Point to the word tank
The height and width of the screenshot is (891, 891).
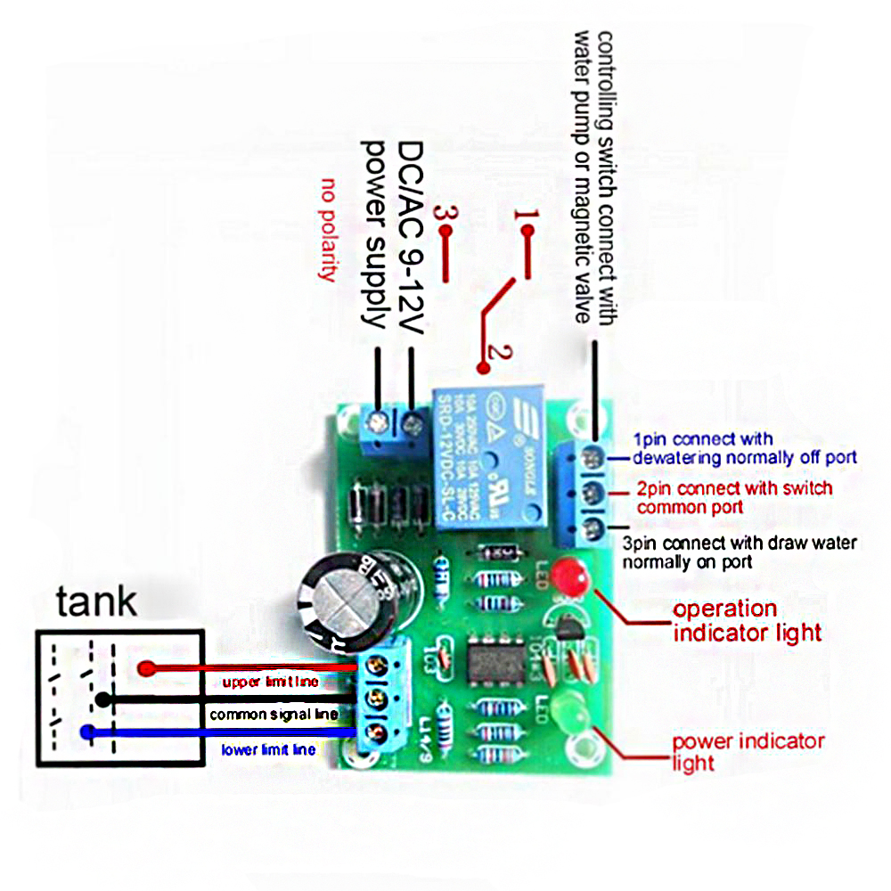pos(97,601)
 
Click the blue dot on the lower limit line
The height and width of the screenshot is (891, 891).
pos(87,732)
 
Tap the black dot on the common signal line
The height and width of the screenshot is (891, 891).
pos(103,699)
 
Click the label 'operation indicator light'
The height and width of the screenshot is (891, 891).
pos(747,621)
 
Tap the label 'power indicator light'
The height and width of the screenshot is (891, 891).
pos(747,751)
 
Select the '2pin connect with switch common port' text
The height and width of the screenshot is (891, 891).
pos(734,497)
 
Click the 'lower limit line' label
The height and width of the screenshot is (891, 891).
pos(268,750)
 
